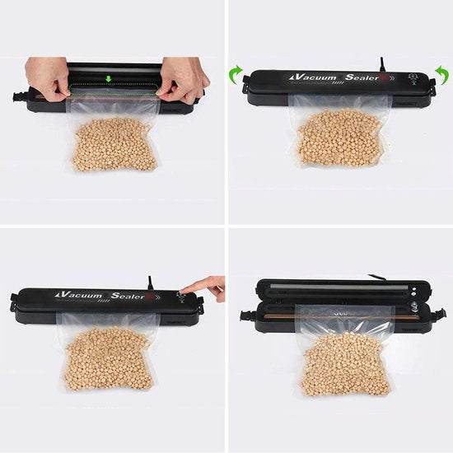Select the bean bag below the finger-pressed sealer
[107, 358]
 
